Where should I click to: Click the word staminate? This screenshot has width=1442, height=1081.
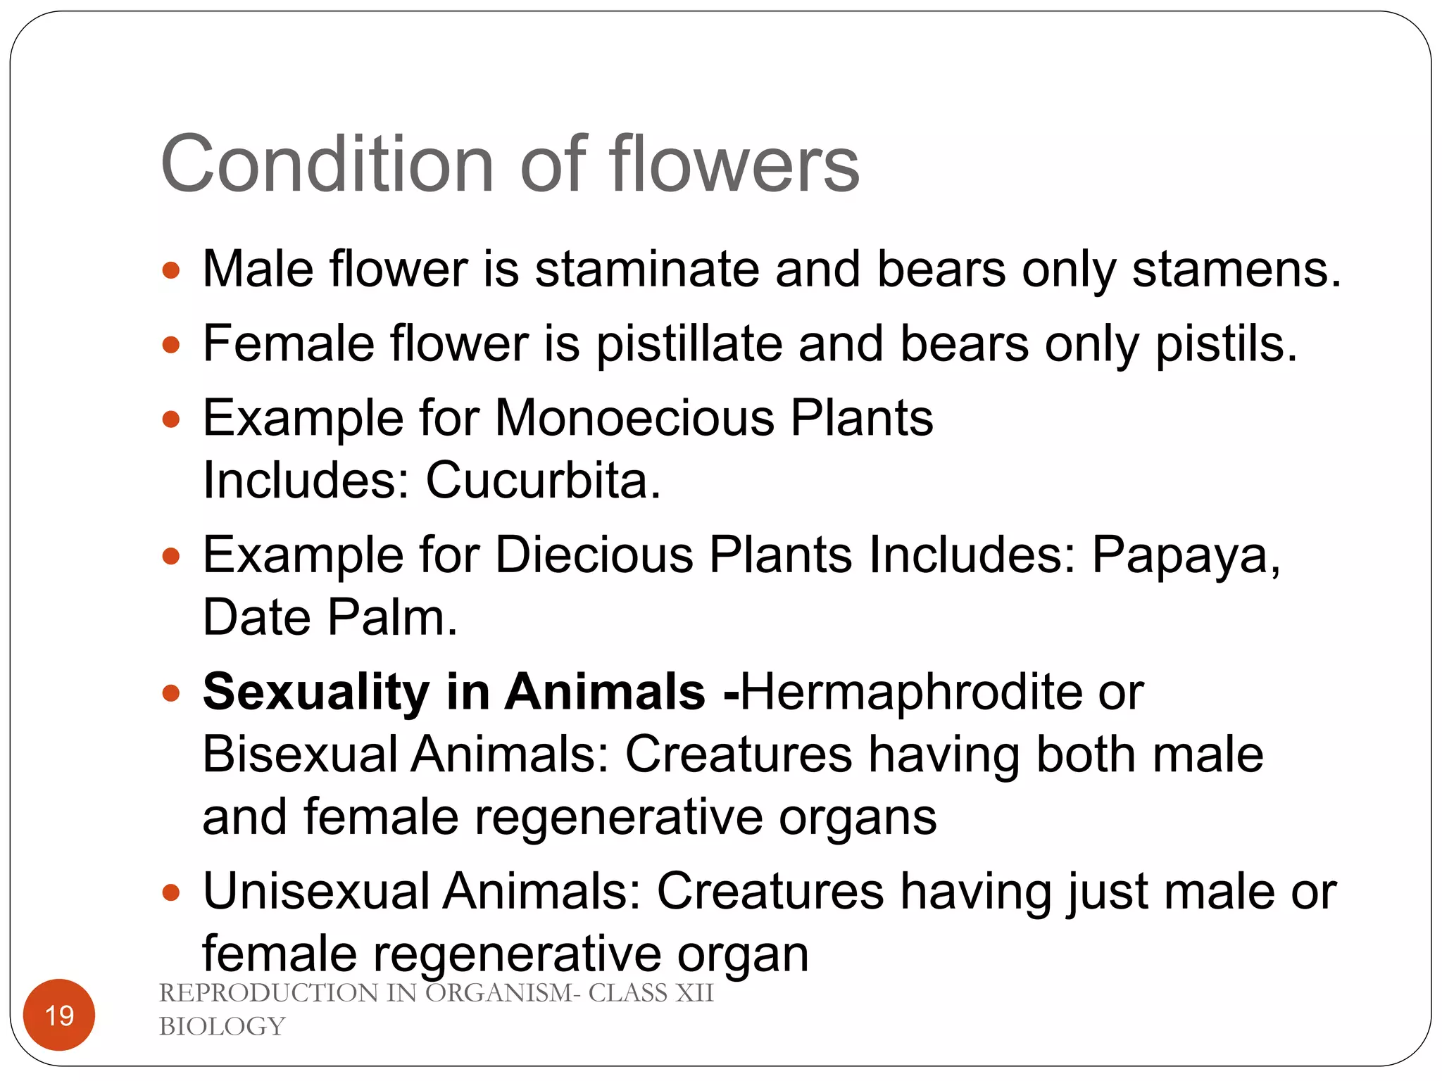coord(646,270)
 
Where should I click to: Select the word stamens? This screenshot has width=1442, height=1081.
coord(1236,270)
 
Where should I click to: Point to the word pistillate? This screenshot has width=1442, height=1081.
coord(689,344)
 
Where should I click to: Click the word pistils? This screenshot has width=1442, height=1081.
coord(1226,344)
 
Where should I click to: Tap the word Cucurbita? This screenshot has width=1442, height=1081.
coord(543,481)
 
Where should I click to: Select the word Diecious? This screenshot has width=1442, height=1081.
coord(594,555)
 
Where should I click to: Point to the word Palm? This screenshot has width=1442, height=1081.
coord(392,618)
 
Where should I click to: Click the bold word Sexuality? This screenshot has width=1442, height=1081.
coord(316,692)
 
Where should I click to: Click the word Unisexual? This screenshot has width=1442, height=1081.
coord(316,892)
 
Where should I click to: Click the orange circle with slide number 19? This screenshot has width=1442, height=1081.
coord(59,1015)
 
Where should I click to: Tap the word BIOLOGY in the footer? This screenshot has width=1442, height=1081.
coord(222,1027)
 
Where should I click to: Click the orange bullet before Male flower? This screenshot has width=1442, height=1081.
coord(171,270)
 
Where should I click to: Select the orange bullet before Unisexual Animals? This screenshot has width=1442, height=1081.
coord(171,893)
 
